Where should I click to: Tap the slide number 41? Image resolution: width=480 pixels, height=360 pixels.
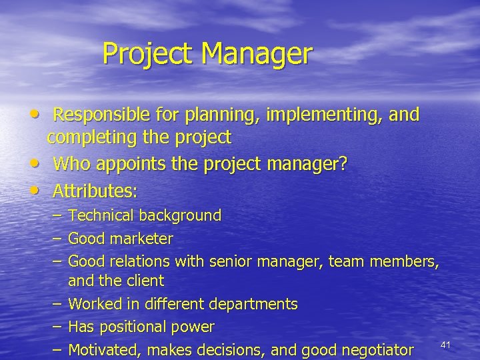coord(447,344)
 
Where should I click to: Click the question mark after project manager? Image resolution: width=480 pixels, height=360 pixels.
coord(343,164)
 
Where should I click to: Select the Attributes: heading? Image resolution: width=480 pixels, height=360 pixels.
coord(95,192)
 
